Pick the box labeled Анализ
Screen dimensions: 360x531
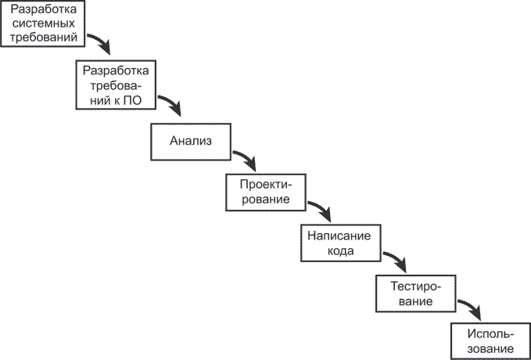(x=191, y=141)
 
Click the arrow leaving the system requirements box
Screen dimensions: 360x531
(x=99, y=43)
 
